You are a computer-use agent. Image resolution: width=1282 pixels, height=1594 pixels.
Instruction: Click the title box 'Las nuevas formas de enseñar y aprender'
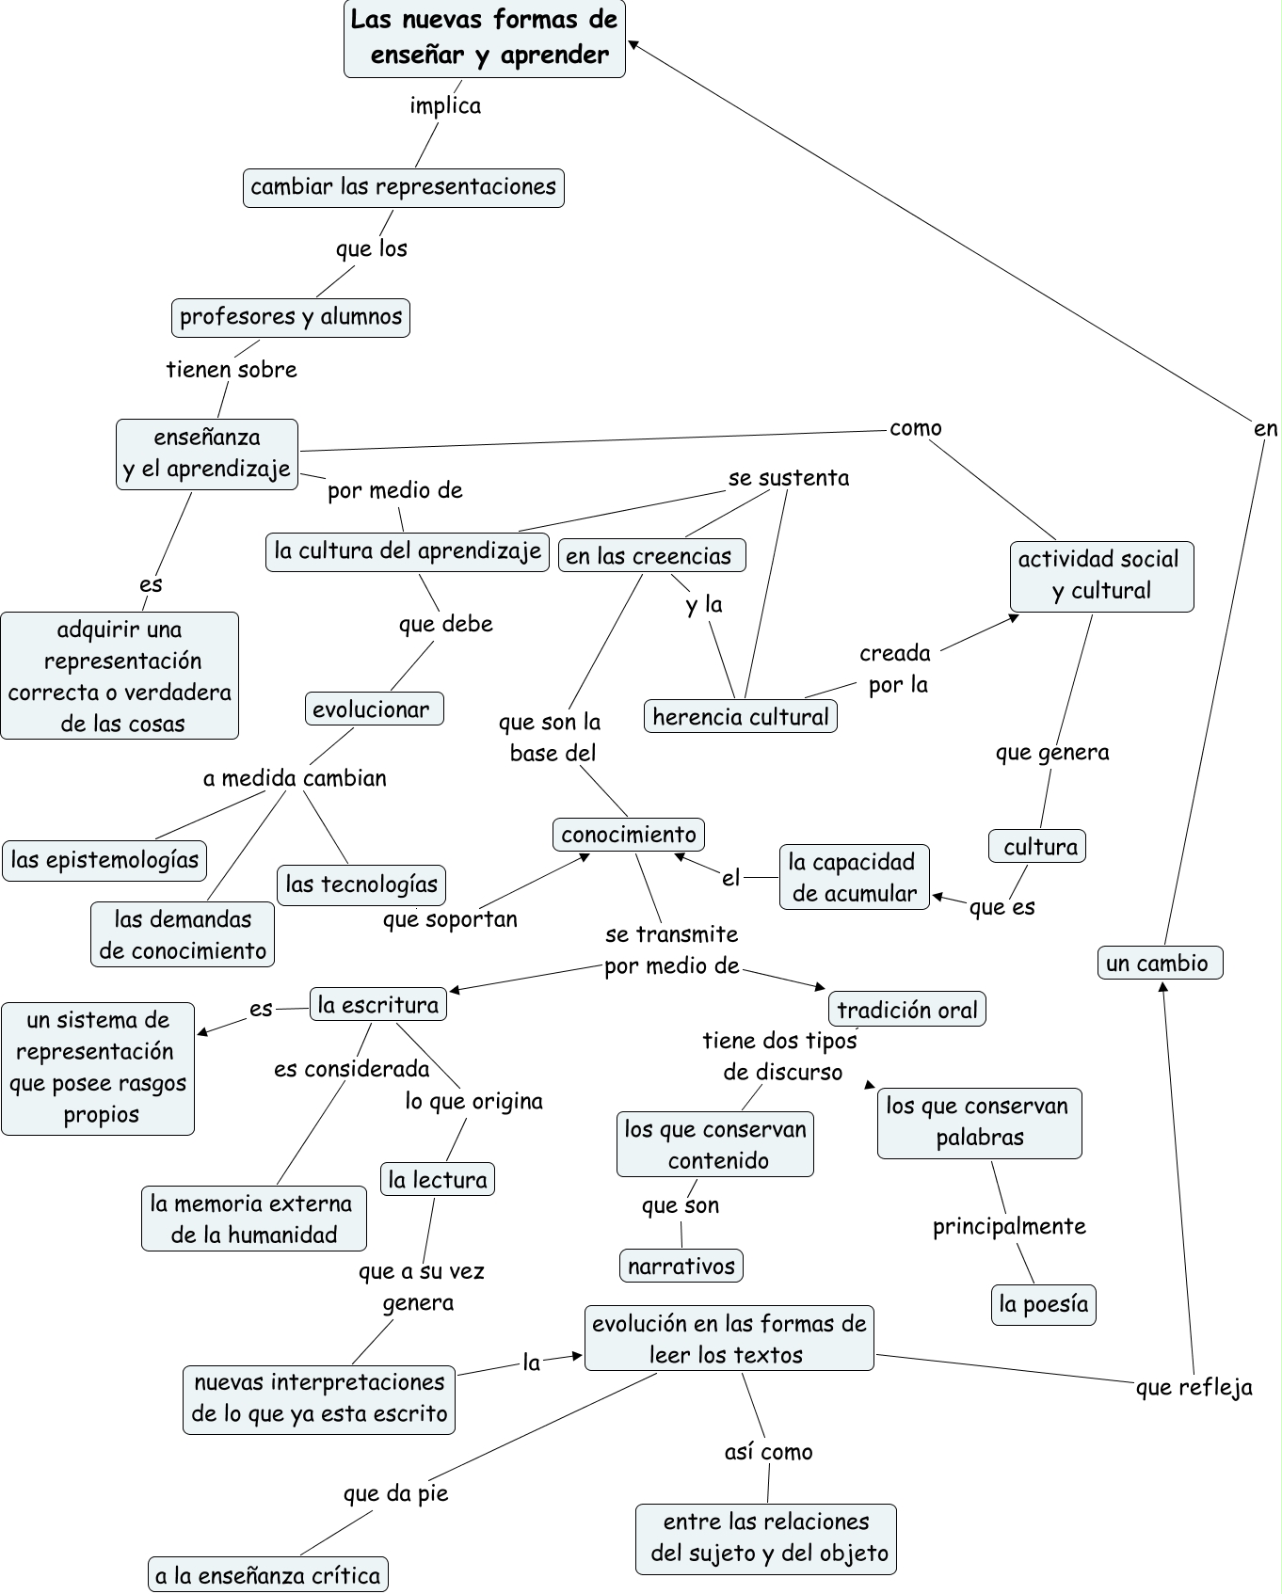click(484, 39)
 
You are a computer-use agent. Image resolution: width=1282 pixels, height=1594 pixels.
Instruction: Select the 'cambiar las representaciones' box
click(403, 187)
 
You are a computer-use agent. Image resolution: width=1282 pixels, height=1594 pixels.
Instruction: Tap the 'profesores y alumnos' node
click(290, 317)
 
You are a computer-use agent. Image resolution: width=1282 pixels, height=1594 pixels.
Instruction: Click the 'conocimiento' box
click(628, 835)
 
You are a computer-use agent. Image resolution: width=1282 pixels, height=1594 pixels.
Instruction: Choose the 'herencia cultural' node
click(740, 717)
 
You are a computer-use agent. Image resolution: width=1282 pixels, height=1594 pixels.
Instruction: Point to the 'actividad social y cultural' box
click(1100, 576)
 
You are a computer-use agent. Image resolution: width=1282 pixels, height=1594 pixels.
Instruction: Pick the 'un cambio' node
click(1160, 963)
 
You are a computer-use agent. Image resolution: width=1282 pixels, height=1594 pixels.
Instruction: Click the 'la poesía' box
click(1043, 1304)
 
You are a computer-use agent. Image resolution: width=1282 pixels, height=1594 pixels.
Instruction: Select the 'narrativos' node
click(681, 1266)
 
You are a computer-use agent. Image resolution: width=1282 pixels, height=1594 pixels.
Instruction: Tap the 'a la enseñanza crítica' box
click(268, 1575)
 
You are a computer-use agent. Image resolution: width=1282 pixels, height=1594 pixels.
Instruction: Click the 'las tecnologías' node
click(361, 885)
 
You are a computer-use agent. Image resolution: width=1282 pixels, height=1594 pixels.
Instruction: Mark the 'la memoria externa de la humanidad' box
click(253, 1219)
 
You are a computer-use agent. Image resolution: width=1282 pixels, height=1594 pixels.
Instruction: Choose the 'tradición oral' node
click(906, 1010)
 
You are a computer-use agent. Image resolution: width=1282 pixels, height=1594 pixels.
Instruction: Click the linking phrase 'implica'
click(445, 105)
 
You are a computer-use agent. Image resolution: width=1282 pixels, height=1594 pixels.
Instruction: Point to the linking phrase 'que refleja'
click(1194, 1387)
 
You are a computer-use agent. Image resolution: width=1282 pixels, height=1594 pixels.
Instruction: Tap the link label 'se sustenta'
click(788, 478)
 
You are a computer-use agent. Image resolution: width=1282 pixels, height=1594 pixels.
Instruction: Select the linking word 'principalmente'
click(1009, 1226)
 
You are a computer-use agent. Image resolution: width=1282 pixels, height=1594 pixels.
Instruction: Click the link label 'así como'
click(768, 1452)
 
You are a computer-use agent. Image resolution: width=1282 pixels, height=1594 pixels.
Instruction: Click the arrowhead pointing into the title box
click(633, 43)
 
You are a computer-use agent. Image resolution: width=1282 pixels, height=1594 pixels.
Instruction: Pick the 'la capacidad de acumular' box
click(854, 878)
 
